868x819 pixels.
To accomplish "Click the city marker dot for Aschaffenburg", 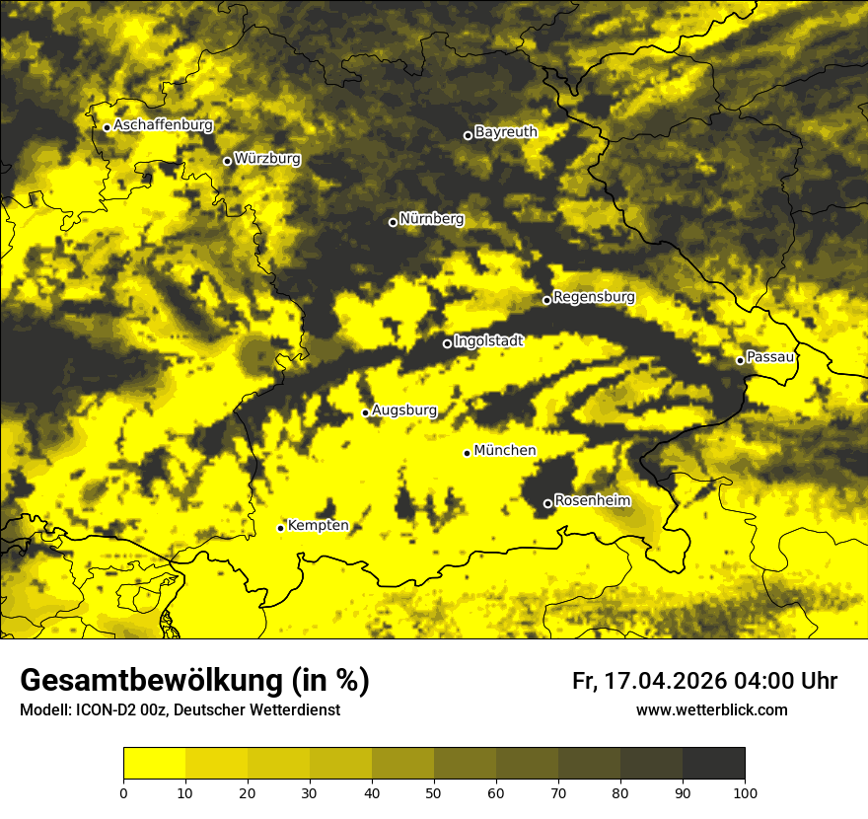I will click(107, 127).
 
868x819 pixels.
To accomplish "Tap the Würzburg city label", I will click(267, 159).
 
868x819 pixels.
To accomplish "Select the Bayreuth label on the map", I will click(506, 132).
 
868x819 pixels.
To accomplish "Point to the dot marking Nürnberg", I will click(393, 222).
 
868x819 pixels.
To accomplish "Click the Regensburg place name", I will click(594, 297).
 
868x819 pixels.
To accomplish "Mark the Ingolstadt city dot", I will click(447, 343).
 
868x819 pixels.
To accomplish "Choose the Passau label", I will click(771, 357).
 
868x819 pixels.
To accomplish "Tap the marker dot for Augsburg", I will click(365, 412).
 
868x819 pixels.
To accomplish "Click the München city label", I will click(505, 451).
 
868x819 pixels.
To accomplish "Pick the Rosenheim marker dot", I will click(547, 503).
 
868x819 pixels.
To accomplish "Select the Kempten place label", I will click(318, 526).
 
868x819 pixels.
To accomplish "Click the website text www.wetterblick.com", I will click(711, 710).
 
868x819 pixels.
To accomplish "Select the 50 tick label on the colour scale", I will click(434, 792).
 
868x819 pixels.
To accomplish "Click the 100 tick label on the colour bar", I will click(745, 792).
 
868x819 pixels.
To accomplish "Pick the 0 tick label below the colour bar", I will click(123, 792).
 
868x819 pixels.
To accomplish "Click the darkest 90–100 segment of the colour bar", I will click(713, 764).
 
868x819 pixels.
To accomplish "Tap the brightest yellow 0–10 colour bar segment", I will click(154, 764).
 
